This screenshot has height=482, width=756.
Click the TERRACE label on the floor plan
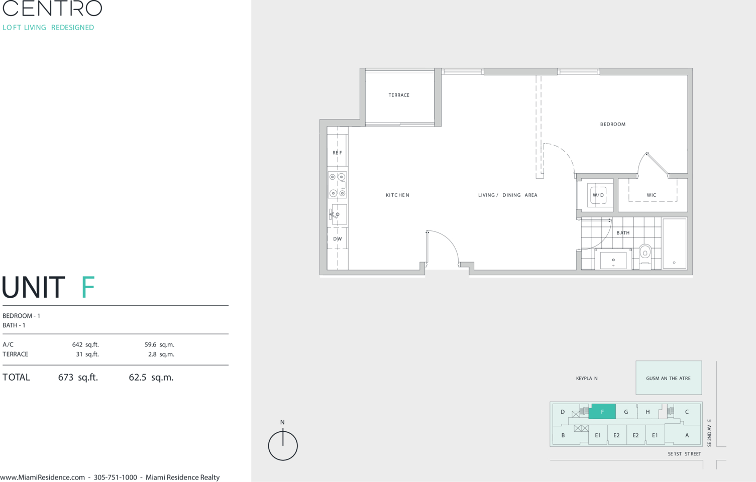[399, 95]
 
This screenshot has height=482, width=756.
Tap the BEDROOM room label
[613, 124]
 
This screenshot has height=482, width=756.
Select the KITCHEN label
[397, 195]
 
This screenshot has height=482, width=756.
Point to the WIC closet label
[652, 195]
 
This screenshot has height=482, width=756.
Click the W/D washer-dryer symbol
[598, 195]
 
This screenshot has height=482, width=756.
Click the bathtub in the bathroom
[674, 244]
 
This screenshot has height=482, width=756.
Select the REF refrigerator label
[337, 153]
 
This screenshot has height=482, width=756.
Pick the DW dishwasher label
[338, 239]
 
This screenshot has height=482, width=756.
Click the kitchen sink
[338, 214]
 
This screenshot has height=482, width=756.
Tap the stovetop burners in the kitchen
[338, 185]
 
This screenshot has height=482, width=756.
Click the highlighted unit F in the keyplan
[602, 412]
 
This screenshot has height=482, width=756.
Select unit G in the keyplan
[626, 412]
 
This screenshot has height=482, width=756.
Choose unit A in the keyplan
[687, 435]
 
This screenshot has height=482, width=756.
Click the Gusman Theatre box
[669, 378]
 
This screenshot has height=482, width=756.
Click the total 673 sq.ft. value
[78, 377]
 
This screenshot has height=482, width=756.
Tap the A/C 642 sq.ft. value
[85, 345]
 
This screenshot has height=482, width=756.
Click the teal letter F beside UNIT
[88, 287]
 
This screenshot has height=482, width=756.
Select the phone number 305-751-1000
[116, 477]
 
